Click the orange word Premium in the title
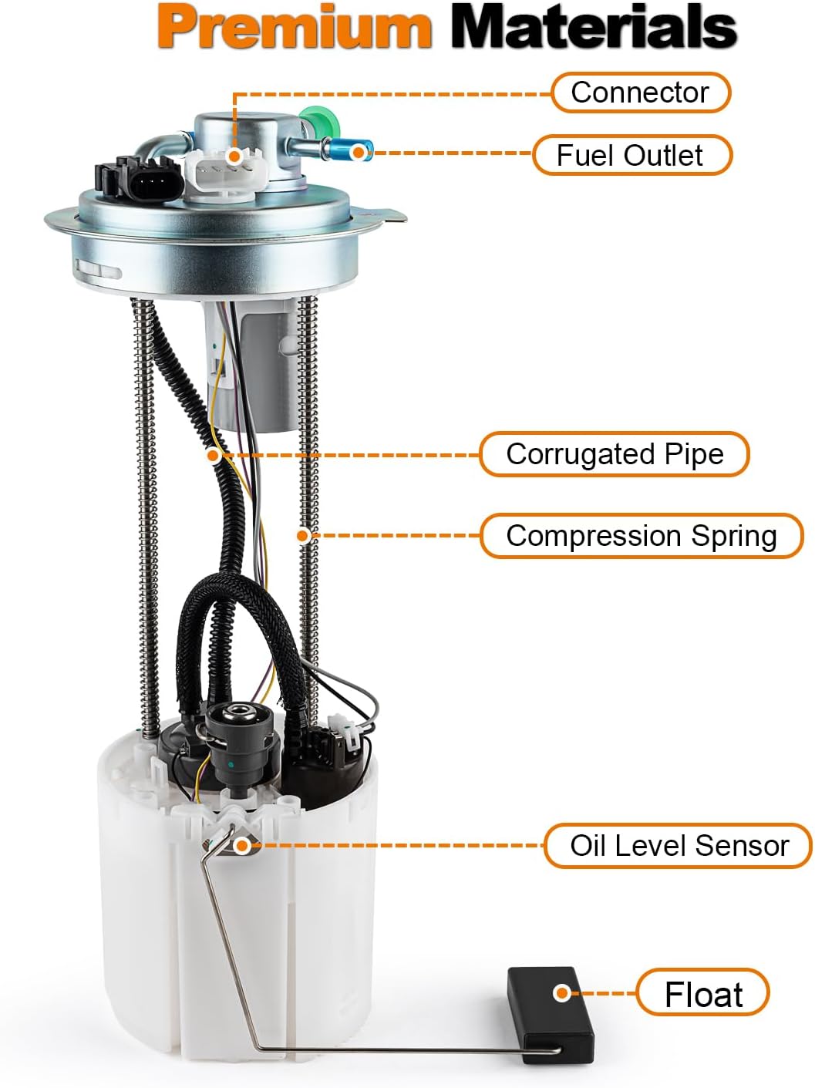pyautogui.click(x=295, y=27)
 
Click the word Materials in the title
pyautogui.click(x=593, y=27)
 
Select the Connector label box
pyautogui.click(x=640, y=93)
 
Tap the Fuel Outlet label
pyautogui.click(x=631, y=155)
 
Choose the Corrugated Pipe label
pyautogui.click(x=614, y=454)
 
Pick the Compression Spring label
pyautogui.click(x=641, y=536)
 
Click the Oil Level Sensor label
pyautogui.click(x=678, y=846)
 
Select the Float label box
pyautogui.click(x=702, y=994)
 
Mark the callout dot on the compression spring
pyautogui.click(x=304, y=535)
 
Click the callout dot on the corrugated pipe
pyautogui.click(x=214, y=455)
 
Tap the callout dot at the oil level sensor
pyautogui.click(x=241, y=846)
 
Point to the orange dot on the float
pyautogui.click(x=562, y=993)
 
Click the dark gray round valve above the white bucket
pyautogui.click(x=241, y=740)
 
